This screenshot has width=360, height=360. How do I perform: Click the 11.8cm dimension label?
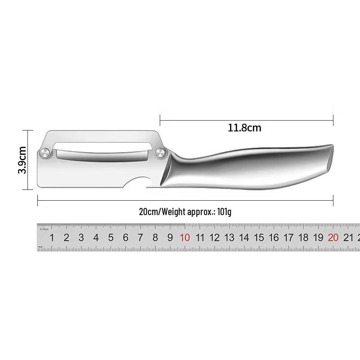244,128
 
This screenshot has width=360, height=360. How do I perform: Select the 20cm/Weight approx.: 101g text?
185,211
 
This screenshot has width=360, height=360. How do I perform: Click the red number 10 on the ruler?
185,238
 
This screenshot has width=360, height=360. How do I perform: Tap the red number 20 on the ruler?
333,238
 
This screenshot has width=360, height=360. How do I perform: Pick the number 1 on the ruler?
52,238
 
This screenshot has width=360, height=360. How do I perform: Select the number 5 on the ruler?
111,238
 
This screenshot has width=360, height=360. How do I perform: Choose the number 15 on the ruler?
259,238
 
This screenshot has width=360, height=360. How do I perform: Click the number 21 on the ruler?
348,238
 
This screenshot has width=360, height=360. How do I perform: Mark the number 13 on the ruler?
229,238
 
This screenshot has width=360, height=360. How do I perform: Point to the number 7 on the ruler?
140,238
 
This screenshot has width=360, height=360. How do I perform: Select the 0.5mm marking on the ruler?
44,229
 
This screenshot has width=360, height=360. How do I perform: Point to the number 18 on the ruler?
303,238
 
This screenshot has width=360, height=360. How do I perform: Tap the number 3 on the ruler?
81,238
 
